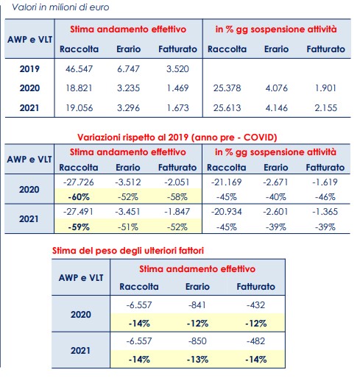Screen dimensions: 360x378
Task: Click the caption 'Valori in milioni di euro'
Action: tap(60, 7)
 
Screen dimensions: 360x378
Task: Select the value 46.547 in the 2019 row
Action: tap(79, 69)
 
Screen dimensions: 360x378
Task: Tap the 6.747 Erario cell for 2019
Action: tap(128, 69)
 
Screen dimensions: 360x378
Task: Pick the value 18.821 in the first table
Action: tap(79, 88)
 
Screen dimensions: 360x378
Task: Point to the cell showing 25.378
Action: tap(227, 88)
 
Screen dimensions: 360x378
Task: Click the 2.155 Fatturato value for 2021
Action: tap(325, 108)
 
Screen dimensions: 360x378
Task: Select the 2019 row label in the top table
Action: tap(29, 69)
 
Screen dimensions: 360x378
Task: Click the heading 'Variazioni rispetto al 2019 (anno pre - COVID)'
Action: tap(177, 138)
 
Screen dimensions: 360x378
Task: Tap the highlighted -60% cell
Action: tap(79, 197)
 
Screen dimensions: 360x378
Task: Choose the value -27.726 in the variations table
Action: tap(79, 182)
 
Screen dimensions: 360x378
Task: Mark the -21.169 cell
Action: tap(227, 182)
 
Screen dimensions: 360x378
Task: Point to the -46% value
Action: tap(325, 197)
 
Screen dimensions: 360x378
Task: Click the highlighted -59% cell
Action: tap(79, 227)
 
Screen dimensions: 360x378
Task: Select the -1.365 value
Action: tap(325, 212)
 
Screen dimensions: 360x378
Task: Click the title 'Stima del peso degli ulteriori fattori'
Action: tap(128, 251)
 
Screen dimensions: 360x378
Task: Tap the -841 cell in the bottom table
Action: tap(197, 305)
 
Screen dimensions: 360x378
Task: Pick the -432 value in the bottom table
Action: tap(255, 305)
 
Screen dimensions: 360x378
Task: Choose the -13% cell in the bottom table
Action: tap(197, 360)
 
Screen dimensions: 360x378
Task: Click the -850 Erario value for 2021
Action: tap(197, 341)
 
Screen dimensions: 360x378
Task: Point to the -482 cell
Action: tap(255, 341)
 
